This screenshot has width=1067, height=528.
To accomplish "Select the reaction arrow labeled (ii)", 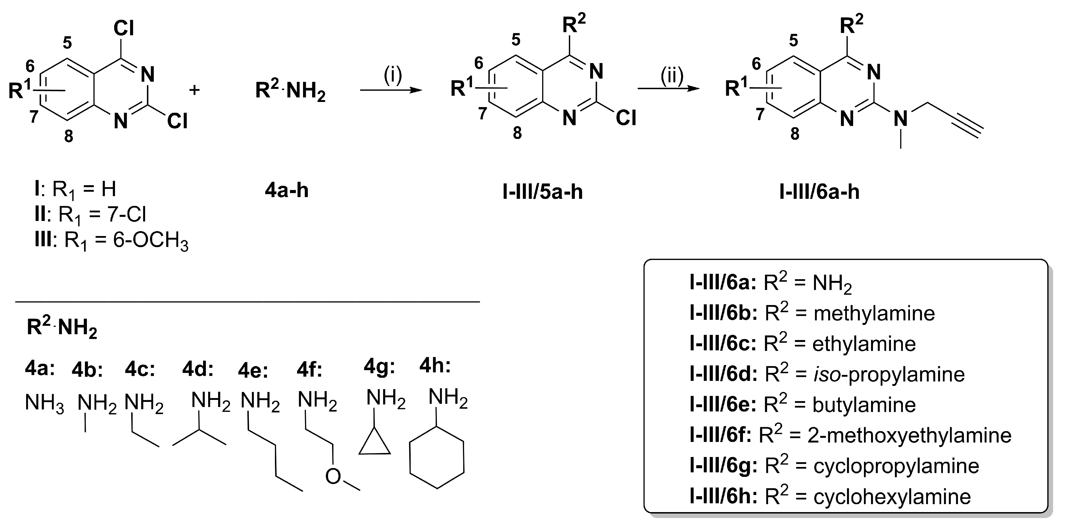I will point(668,89).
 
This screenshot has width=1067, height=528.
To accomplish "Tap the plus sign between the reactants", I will point(194,90).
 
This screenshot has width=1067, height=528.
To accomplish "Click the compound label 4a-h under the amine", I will point(287,191).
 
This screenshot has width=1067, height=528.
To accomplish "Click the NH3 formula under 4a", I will point(44,402).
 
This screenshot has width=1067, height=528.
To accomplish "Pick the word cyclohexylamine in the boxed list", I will point(892,496).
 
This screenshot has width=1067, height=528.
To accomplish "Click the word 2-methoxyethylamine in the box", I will point(909,435).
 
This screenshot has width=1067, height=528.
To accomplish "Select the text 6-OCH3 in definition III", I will point(150,241).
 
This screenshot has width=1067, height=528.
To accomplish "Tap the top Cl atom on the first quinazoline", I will point(124,29).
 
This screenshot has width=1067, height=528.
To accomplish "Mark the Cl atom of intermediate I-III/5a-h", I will point(625,118).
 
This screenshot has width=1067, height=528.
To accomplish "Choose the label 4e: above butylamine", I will point(253,371).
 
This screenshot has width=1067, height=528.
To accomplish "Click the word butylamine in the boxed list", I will point(864,405).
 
